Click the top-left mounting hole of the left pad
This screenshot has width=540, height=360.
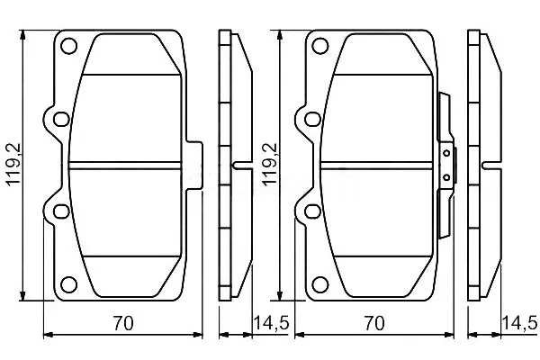pos(68,46)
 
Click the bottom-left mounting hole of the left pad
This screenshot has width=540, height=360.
pos(68,284)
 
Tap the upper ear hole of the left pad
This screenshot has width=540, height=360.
pos(61,119)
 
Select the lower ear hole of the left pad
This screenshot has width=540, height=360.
pos(61,211)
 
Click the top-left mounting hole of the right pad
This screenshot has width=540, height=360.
pos(319,46)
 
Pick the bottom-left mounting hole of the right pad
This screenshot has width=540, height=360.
pos(319,284)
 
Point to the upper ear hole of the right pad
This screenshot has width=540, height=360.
pos(312,119)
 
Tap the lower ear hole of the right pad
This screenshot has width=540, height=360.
pos(312,211)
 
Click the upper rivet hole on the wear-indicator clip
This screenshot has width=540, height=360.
pos(446,153)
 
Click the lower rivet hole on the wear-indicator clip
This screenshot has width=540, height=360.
pos(446,177)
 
